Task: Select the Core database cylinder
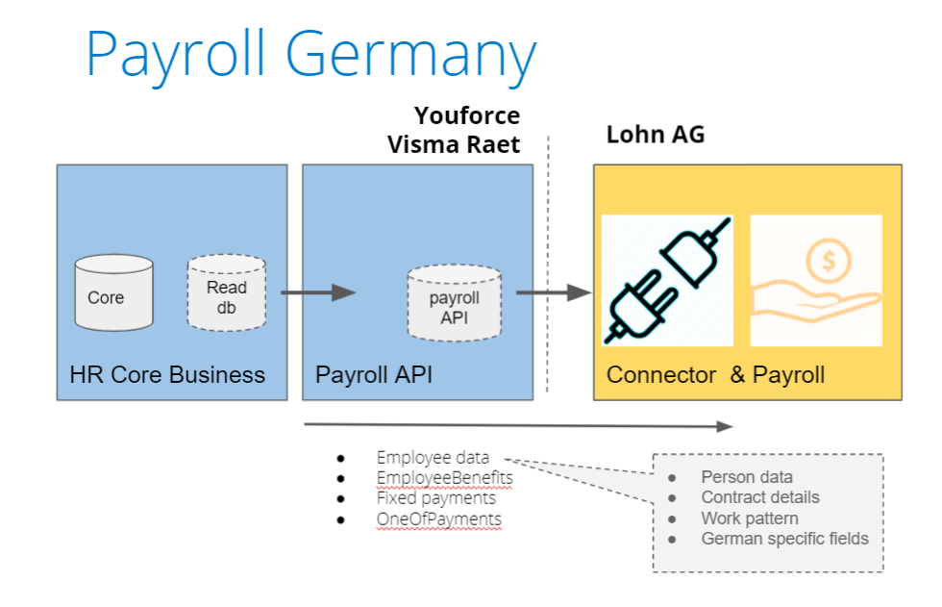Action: pos(114,292)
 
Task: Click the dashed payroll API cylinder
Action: pos(454,305)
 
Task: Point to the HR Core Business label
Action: pos(167,374)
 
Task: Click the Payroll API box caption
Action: pos(374,374)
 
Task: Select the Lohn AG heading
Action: pos(655,134)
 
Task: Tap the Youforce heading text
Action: pos(467,116)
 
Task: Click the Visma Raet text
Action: pos(454,144)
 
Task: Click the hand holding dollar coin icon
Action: pos(815,280)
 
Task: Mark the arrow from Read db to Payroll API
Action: pos(318,292)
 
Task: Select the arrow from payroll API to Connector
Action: pos(554,292)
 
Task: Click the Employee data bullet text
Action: pos(433,458)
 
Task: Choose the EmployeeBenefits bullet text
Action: pos(444,477)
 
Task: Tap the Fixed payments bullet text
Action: pos(436,498)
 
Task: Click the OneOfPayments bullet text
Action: pos(438,519)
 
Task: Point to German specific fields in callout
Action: pos(784,539)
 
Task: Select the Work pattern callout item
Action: pos(749,518)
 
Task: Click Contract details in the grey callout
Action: pos(759,497)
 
